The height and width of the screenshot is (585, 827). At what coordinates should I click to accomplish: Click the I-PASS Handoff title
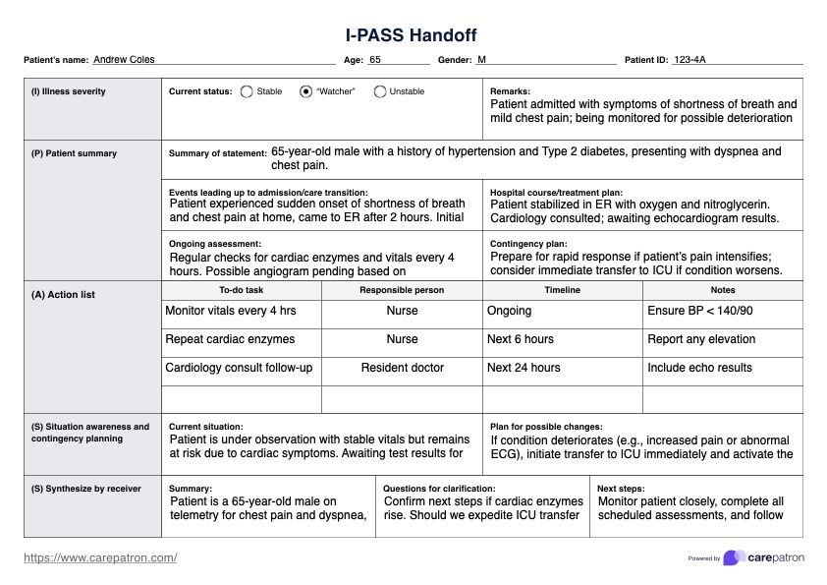(412, 35)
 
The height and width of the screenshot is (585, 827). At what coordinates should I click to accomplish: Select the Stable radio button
(246, 91)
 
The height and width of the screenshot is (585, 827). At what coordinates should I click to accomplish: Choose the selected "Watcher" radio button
(306, 91)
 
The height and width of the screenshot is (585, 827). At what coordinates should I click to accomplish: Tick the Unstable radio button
(380, 91)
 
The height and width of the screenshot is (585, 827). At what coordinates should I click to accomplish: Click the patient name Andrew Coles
(124, 60)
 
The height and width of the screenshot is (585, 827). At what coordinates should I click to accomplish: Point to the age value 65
(375, 60)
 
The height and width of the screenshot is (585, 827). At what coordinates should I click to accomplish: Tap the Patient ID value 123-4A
(689, 60)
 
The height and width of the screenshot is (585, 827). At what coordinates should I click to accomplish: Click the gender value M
(481, 60)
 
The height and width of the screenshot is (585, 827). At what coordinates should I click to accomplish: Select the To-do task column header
(241, 290)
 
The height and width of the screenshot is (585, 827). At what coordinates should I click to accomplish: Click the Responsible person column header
(402, 290)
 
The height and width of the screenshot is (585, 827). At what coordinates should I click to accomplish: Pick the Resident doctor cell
(402, 368)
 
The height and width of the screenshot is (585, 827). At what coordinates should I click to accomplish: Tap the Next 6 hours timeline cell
(521, 339)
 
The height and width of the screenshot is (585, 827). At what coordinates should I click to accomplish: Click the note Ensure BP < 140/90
(700, 311)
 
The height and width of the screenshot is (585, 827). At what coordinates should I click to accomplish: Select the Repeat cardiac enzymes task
(230, 339)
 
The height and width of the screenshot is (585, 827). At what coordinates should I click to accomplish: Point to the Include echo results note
(699, 368)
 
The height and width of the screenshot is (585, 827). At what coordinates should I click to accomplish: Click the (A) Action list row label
(63, 295)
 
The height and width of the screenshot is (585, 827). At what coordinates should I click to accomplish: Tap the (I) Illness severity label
(69, 91)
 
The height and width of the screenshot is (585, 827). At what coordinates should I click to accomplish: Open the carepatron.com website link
(100, 557)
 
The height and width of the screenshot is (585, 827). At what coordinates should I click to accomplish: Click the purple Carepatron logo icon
(733, 557)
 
